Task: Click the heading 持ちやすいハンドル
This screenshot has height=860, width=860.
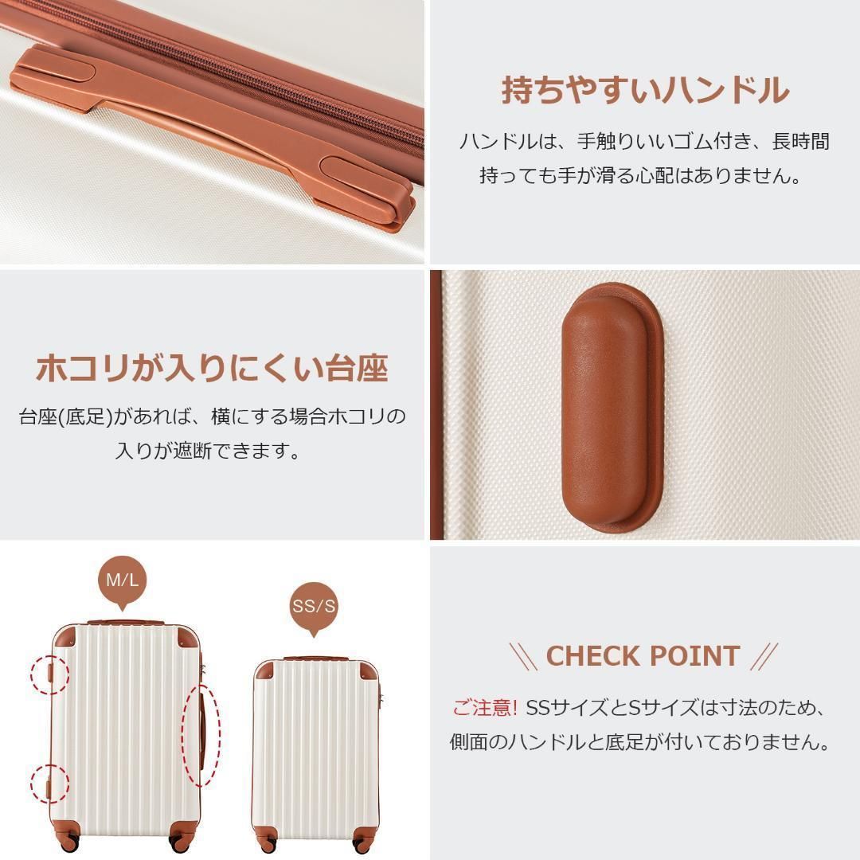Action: click(645, 91)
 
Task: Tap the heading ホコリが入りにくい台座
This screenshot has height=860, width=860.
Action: click(213, 368)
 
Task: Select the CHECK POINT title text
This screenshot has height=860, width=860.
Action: click(643, 656)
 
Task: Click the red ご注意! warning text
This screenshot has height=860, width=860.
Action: click(485, 708)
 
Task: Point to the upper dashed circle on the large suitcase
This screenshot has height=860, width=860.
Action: click(49, 674)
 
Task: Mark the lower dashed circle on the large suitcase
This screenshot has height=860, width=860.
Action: click(49, 785)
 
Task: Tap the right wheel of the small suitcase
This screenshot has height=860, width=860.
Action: click(363, 844)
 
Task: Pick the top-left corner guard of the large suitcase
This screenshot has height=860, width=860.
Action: click(64, 638)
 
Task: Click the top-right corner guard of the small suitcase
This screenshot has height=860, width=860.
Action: click(369, 672)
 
